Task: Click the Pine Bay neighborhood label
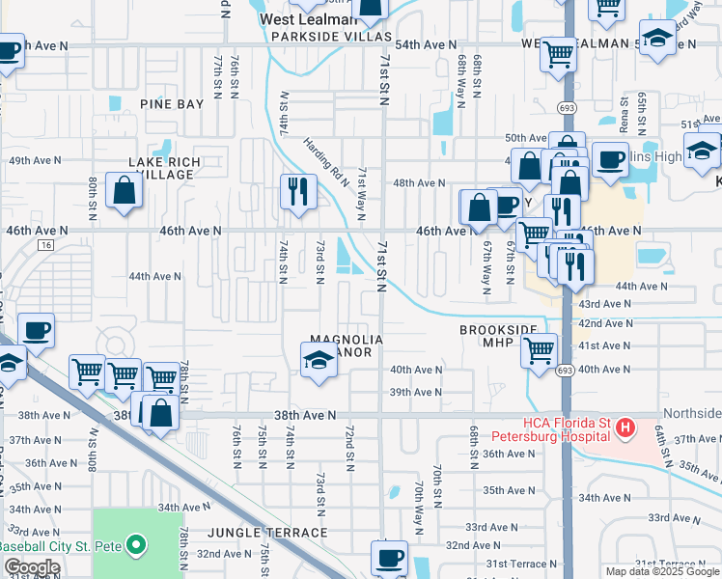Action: coord(172,104)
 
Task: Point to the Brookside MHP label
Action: coord(496,336)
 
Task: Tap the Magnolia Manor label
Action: coord(347,345)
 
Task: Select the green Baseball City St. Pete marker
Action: coord(136,545)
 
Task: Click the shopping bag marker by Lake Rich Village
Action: coord(125,189)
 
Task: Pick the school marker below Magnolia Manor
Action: coord(319,362)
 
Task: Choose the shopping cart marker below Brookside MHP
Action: coord(540,348)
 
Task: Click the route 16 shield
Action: coord(45,246)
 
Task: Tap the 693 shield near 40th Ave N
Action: coord(567,370)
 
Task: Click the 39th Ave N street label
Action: coord(415,393)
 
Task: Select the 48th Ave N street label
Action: coord(418,182)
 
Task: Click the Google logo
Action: coord(32,568)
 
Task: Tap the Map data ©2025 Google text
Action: coord(661,571)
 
